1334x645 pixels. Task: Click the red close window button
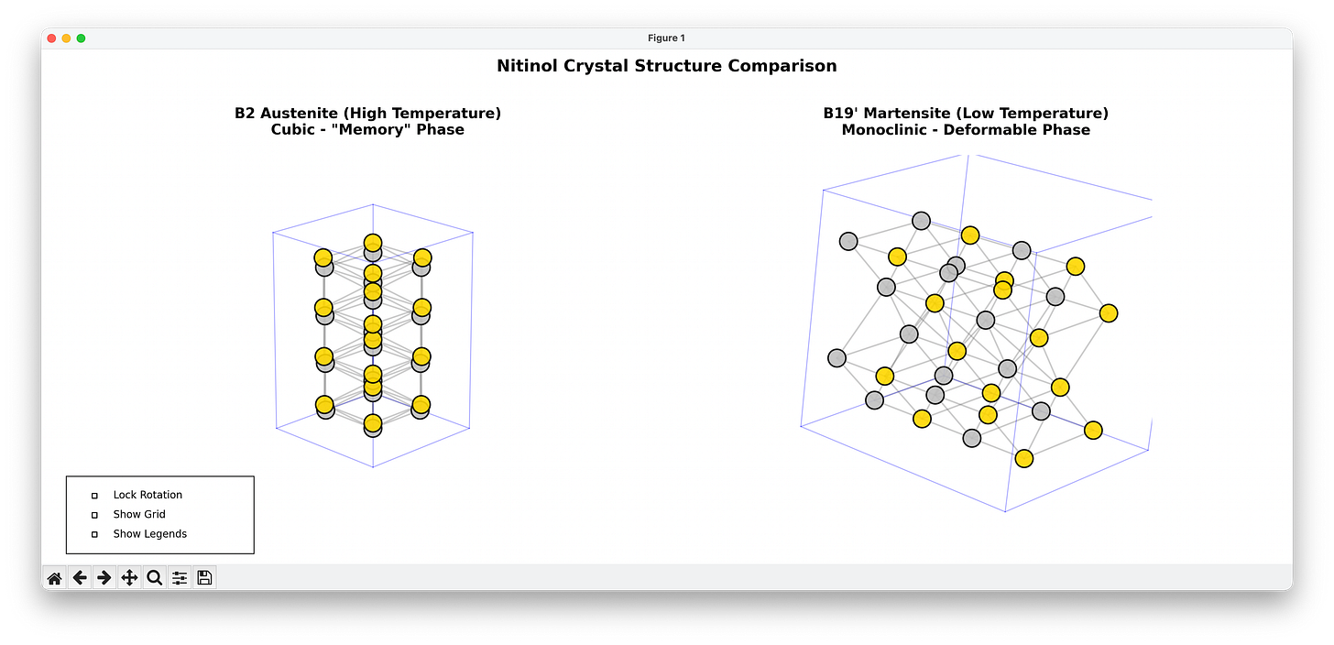pyautogui.click(x=52, y=38)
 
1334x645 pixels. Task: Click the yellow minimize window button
pyautogui.click(x=66, y=38)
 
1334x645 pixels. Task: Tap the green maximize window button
pyautogui.click(x=81, y=38)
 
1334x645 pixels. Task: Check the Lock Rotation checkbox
pyautogui.click(x=94, y=496)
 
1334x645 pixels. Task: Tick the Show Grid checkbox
pyautogui.click(x=94, y=515)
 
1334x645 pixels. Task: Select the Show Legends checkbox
pyautogui.click(x=94, y=534)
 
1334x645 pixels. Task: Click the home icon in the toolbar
pyautogui.click(x=54, y=577)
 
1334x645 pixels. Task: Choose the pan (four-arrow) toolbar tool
pyautogui.click(x=129, y=577)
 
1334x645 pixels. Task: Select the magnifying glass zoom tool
pyautogui.click(x=154, y=577)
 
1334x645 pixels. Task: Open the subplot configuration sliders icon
pyautogui.click(x=180, y=577)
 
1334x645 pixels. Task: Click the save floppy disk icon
pyautogui.click(x=204, y=577)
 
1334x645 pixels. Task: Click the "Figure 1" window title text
pyautogui.click(x=666, y=38)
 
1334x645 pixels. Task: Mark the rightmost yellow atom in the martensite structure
pyautogui.click(x=1108, y=313)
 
